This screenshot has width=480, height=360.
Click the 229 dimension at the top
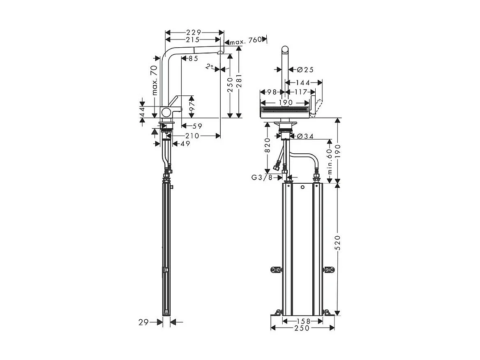click(x=194, y=32)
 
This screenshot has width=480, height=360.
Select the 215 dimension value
click(x=192, y=40)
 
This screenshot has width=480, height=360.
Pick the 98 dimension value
click(x=271, y=92)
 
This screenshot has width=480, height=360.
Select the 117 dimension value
click(x=301, y=92)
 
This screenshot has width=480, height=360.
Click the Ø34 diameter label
click(x=305, y=136)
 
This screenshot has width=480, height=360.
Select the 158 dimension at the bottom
click(x=302, y=321)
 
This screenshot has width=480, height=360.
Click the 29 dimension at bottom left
click(x=143, y=323)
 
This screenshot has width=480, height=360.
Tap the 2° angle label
click(x=210, y=67)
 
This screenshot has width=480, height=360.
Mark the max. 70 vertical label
click(x=155, y=80)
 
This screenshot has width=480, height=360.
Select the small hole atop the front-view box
click(x=302, y=188)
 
